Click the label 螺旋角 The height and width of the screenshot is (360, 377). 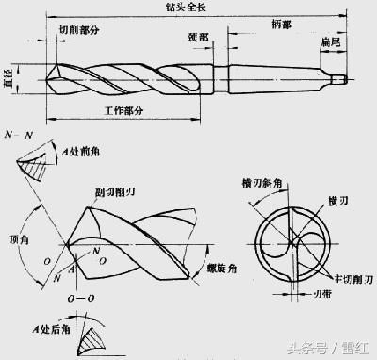tap(224, 270)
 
